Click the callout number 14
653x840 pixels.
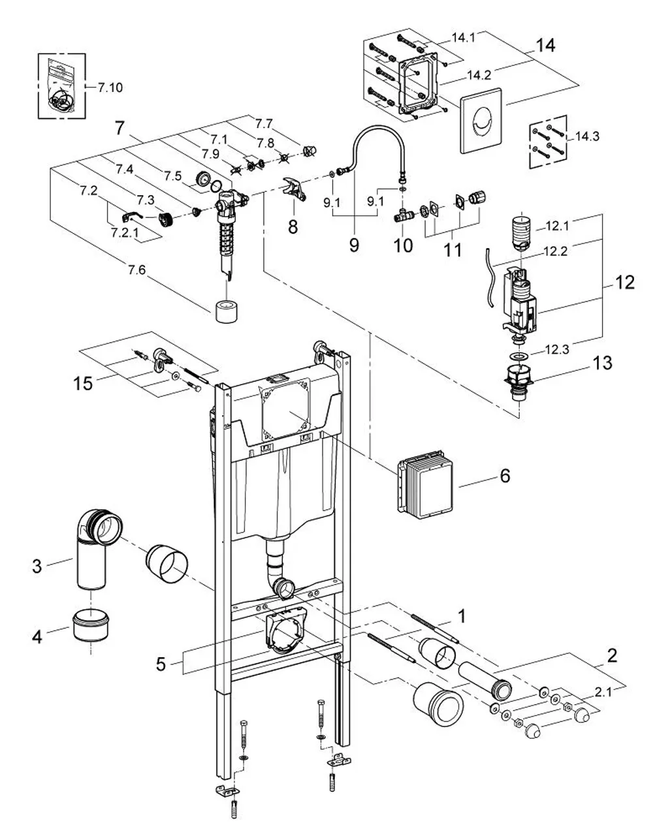545,46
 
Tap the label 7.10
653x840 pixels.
110,87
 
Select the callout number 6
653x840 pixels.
505,475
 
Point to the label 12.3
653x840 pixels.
557,349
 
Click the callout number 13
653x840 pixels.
602,363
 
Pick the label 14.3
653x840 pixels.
587,136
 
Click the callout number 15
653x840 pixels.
83,384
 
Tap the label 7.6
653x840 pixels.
136,270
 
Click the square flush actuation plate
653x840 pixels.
481,120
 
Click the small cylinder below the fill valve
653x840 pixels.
227,311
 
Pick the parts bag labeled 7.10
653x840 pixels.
61,87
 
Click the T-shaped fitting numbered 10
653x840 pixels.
404,213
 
